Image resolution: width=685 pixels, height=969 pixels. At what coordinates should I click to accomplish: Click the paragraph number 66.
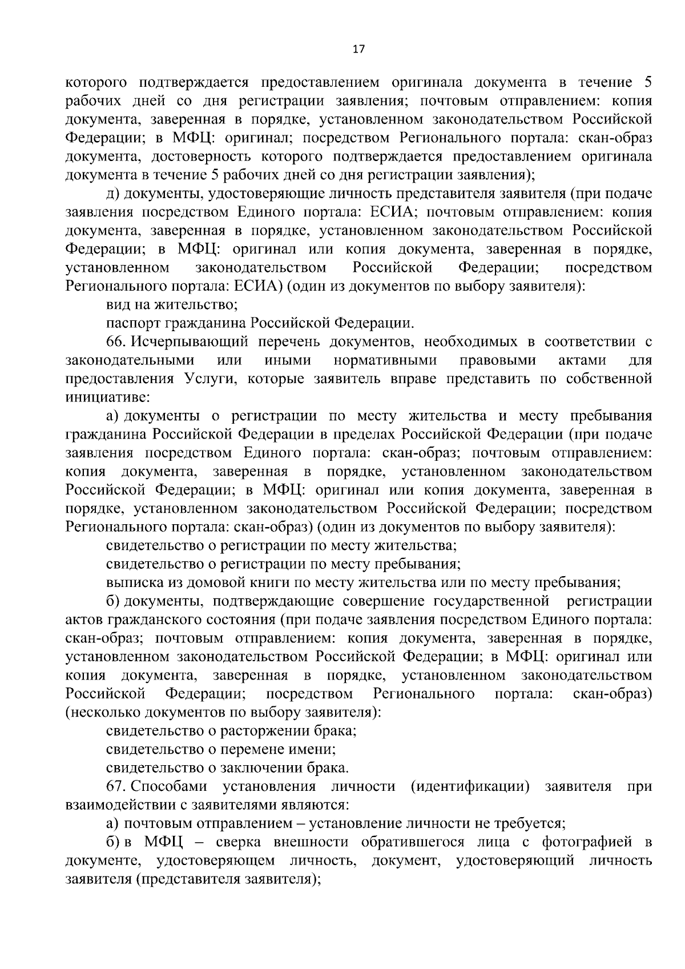click(116, 342)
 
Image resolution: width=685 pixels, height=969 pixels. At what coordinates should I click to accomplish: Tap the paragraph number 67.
click(116, 786)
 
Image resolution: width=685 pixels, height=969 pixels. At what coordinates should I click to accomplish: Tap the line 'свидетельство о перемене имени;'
click(221, 749)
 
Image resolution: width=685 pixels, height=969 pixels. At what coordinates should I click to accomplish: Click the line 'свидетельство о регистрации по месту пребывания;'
click(284, 564)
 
